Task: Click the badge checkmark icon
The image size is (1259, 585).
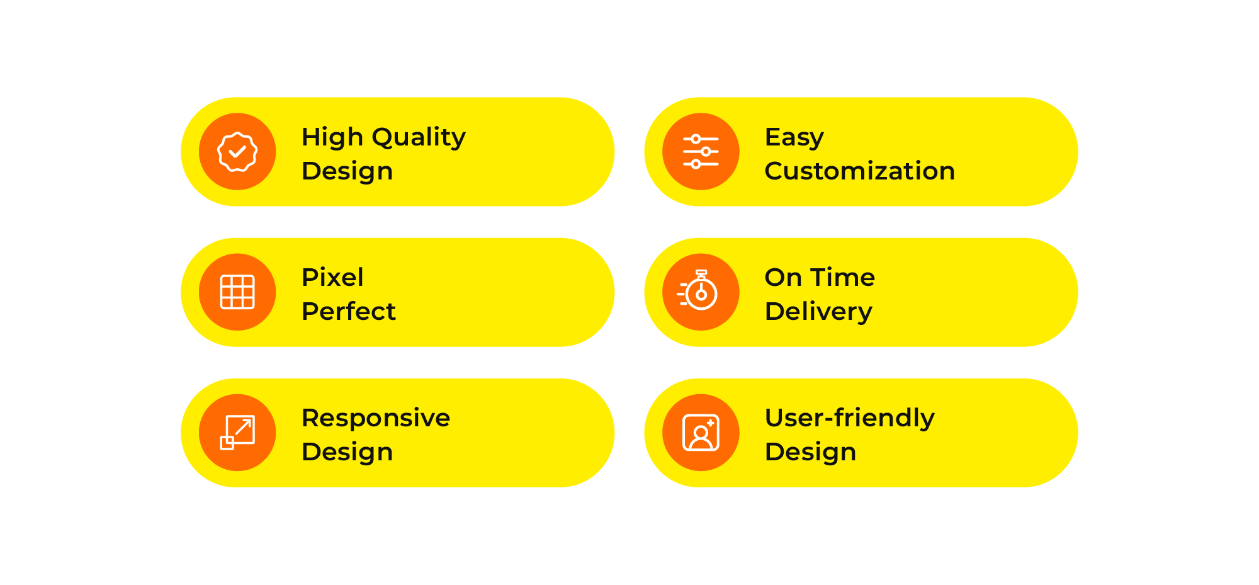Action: [237, 152]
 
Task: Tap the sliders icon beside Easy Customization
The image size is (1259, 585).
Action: [701, 152]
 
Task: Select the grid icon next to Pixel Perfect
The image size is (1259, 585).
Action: [237, 292]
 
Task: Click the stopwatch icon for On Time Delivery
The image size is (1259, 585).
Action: [698, 290]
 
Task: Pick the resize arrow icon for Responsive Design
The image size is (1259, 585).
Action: [237, 433]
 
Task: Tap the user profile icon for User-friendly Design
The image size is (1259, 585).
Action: [701, 433]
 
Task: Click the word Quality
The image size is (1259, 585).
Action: [419, 138]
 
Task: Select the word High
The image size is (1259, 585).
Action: [332, 138]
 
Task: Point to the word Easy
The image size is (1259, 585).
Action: [794, 138]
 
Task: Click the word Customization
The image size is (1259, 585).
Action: [859, 171]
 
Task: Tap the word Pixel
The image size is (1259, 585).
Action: [332, 277]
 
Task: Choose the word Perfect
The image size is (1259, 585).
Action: [349, 311]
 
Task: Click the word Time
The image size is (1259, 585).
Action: [842, 277]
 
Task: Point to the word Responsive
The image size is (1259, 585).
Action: [376, 419]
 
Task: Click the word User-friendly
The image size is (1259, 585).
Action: [850, 419]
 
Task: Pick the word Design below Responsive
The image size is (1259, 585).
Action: [347, 453]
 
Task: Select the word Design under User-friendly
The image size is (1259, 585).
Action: [811, 453]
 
